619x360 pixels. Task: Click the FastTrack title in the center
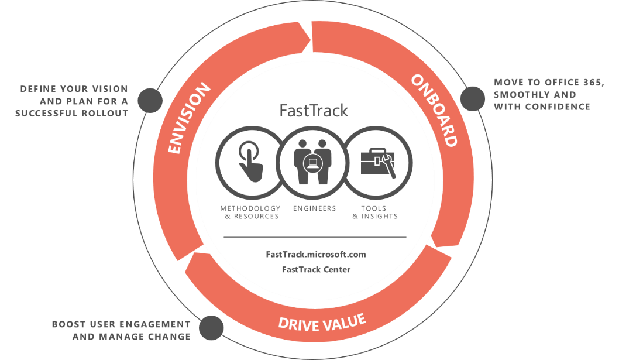click(314, 111)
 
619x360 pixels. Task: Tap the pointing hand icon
click(250, 162)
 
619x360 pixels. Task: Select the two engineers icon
click(312, 162)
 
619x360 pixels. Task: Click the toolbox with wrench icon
click(378, 163)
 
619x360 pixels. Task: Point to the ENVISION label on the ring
click(189, 118)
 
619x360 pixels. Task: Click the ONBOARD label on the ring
click(435, 111)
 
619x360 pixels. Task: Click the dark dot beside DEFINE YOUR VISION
click(150, 100)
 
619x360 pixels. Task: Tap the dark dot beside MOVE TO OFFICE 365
click(473, 99)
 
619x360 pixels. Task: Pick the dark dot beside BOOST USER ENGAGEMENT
click(211, 328)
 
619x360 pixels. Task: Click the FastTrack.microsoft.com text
click(316, 254)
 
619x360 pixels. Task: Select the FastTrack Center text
click(316, 269)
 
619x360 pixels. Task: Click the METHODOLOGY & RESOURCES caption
click(250, 212)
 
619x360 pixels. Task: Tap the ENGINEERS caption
click(315, 208)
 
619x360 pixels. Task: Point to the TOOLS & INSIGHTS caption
click(375, 212)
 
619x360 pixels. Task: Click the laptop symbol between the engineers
click(312, 162)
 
